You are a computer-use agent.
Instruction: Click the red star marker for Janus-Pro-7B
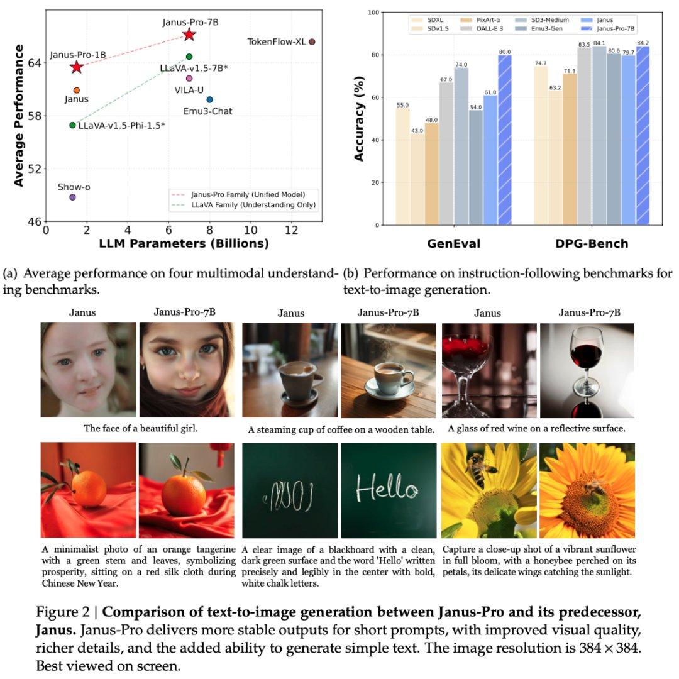(189, 35)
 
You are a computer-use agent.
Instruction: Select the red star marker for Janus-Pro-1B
(77, 67)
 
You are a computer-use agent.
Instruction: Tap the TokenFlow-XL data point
(312, 41)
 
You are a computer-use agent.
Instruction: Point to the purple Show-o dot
(72, 197)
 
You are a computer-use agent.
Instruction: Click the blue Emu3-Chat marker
(209, 99)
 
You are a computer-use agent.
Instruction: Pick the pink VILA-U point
(189, 79)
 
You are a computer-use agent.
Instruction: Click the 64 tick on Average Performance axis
(34, 63)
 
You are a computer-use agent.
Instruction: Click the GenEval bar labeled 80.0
(505, 140)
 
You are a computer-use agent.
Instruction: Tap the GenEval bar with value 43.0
(417, 179)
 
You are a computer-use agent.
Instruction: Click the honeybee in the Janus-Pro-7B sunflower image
(594, 487)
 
